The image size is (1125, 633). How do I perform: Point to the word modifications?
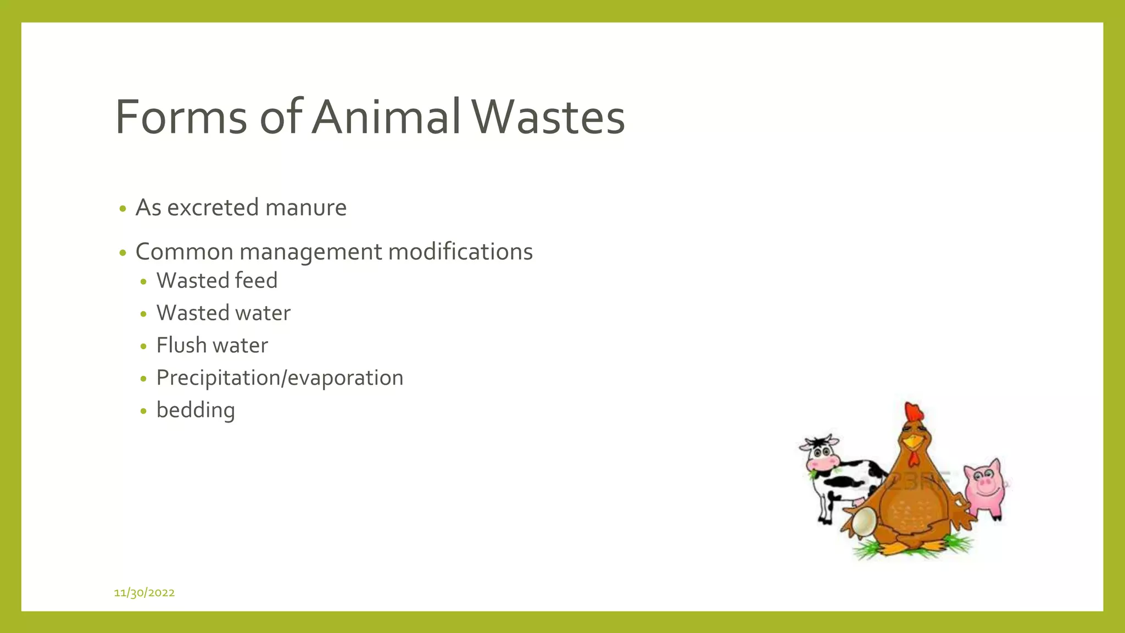pos(460,252)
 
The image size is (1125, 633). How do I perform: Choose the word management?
pos(311,253)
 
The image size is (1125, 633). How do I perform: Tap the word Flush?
pos(181,345)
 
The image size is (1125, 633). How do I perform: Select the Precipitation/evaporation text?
pos(280,378)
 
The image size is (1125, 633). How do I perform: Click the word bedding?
pos(196,410)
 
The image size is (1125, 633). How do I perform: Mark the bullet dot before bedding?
pos(143,411)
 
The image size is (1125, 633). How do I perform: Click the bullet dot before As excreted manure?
pos(122,209)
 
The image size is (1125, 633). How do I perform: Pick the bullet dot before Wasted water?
pos(143,314)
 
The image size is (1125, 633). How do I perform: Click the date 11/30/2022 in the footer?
pos(144,592)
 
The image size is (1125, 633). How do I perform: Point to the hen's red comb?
pos(914,412)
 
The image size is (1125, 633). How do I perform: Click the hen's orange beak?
pos(914,442)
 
